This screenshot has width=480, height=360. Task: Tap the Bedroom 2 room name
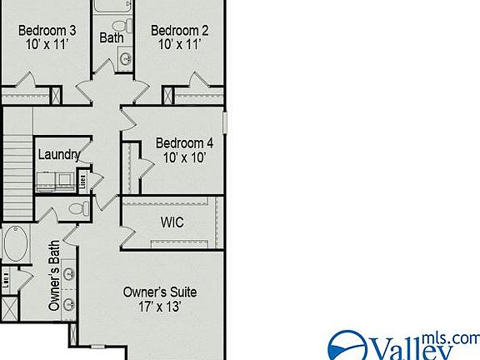coord(179,31)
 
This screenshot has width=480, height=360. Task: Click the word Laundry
coord(59,154)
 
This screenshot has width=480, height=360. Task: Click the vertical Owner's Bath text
coord(55,284)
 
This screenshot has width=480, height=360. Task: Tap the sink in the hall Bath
coord(125,59)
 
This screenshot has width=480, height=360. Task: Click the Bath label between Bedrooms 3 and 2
coord(112,37)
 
